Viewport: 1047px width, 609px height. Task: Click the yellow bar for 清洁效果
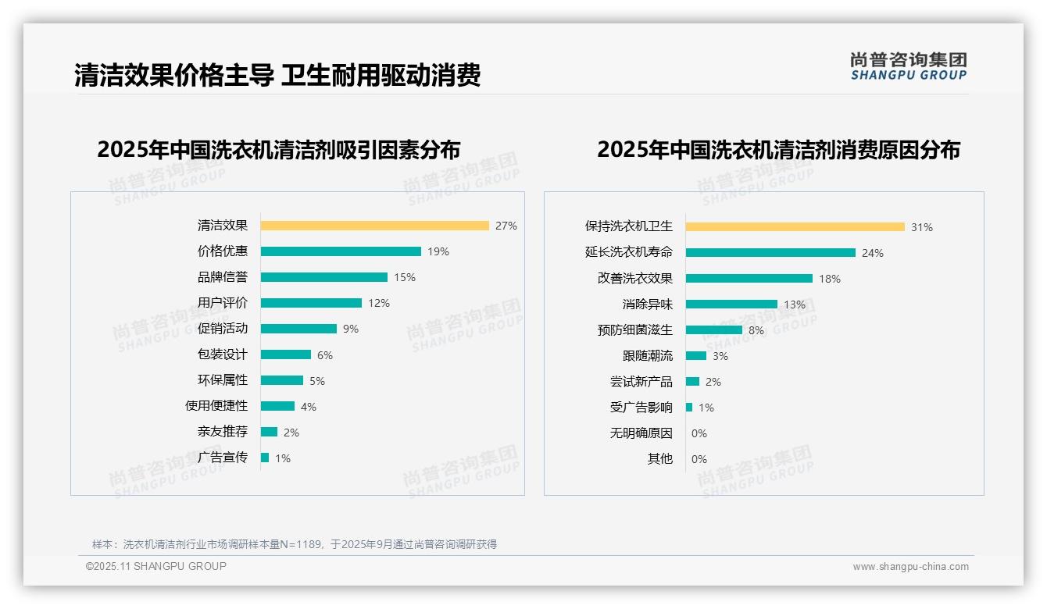pyautogui.click(x=374, y=226)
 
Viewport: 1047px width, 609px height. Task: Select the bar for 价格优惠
pyautogui.click(x=341, y=251)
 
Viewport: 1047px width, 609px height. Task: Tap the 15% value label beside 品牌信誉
pyautogui.click(x=405, y=277)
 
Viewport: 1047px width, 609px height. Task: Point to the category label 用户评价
pyautogui.click(x=223, y=303)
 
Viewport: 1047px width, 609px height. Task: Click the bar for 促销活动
pyautogui.click(x=298, y=329)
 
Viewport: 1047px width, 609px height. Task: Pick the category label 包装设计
pyautogui.click(x=223, y=354)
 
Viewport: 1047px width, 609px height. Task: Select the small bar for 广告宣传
pyautogui.click(x=265, y=458)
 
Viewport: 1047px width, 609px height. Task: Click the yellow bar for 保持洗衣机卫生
pyautogui.click(x=795, y=227)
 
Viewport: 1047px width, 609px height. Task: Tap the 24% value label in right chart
pyautogui.click(x=873, y=253)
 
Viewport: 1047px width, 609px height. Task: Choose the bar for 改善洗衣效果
pyautogui.click(x=749, y=279)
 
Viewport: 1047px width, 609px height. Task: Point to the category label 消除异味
pyautogui.click(x=647, y=304)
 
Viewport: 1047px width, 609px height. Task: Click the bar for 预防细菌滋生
pyautogui.click(x=713, y=330)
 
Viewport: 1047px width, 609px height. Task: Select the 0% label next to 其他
pyautogui.click(x=699, y=459)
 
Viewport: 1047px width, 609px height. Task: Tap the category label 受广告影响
pyautogui.click(x=641, y=408)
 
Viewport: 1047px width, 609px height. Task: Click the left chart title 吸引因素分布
pyautogui.click(x=279, y=149)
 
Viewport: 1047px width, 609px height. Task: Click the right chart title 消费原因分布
pyautogui.click(x=778, y=149)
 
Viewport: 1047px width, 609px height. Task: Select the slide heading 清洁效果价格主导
pyautogui.click(x=277, y=75)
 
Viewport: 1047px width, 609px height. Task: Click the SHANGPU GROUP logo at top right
pyautogui.click(x=908, y=66)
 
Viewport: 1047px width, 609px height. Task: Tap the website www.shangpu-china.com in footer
pyautogui.click(x=910, y=567)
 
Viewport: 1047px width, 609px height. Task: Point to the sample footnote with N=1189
pyautogui.click(x=294, y=544)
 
